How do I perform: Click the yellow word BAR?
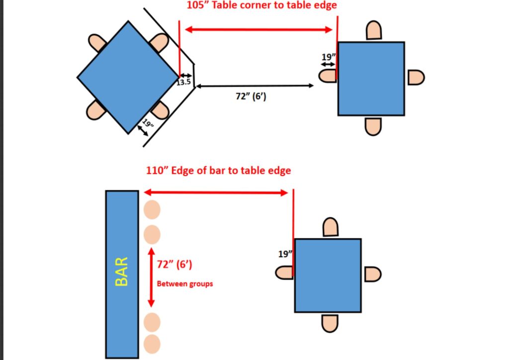point(122,271)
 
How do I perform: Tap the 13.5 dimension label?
point(184,83)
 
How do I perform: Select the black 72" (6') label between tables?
point(251,96)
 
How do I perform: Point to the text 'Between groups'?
point(185,284)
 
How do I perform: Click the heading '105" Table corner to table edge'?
point(261,6)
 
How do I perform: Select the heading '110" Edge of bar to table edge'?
point(218,171)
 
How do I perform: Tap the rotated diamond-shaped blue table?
point(128,77)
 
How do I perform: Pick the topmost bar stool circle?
point(152,209)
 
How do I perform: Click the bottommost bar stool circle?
point(152,344)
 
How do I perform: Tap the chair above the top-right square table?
point(373,31)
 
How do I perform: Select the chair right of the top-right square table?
point(416,78)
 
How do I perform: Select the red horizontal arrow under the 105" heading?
point(258,30)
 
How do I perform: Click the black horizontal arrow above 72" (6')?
point(254,86)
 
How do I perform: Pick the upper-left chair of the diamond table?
point(97,43)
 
